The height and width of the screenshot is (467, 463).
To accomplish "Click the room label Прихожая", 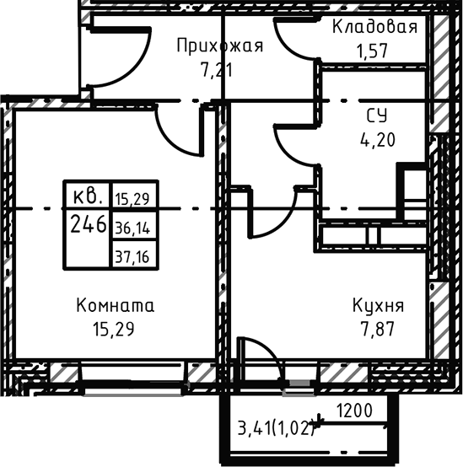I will tap(219, 45).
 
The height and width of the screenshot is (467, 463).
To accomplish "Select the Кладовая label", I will tap(374, 27).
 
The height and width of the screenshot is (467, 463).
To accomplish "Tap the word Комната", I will tap(116, 304).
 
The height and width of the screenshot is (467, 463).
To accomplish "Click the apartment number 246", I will tap(88, 225).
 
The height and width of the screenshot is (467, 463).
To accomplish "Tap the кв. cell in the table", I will tap(88, 197).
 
